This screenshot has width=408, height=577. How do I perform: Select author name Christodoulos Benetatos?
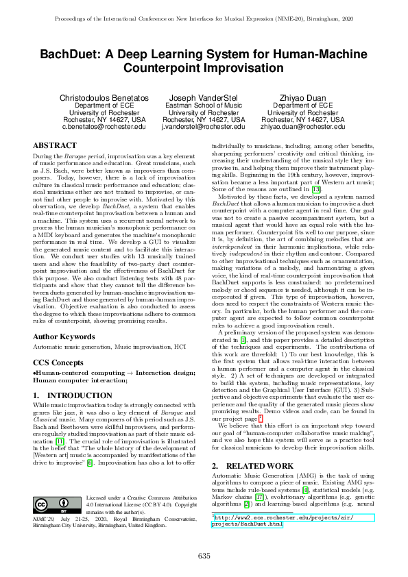pos(104,98)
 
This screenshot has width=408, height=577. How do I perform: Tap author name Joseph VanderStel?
pos(203,98)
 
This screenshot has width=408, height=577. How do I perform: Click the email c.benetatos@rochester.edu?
pos(104,127)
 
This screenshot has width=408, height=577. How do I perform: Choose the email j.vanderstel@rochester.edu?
pos(203,127)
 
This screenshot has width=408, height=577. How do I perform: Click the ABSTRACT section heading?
pos(55,146)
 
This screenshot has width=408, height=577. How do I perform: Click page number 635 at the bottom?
pos(204,555)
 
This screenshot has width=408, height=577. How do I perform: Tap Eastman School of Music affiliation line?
pos(203,106)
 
